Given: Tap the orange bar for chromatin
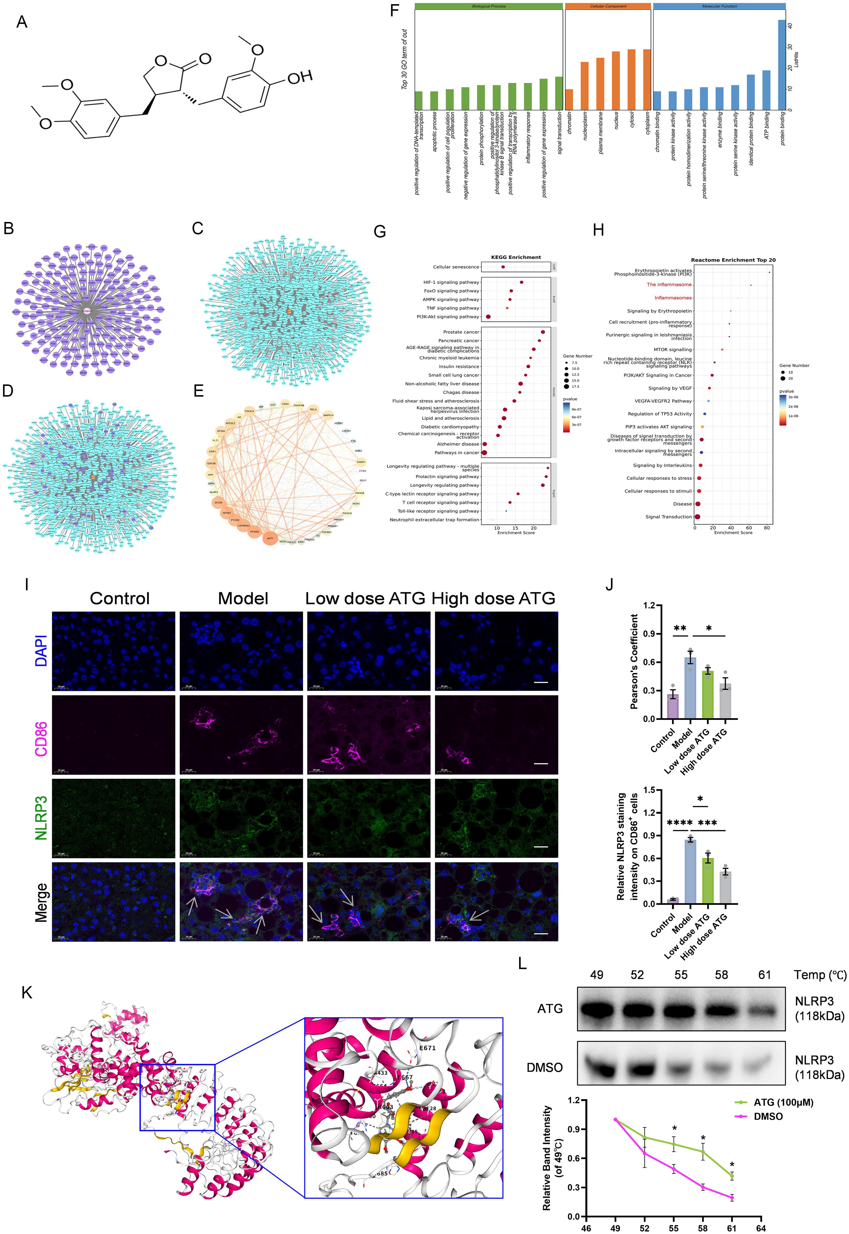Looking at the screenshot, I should pyautogui.click(x=569, y=100).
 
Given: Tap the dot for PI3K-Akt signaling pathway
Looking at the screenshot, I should pyautogui.click(x=488, y=317).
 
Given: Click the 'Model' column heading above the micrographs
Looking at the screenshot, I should pyautogui.click(x=243, y=599).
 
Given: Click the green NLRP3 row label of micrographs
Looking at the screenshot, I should pyautogui.click(x=41, y=817).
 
